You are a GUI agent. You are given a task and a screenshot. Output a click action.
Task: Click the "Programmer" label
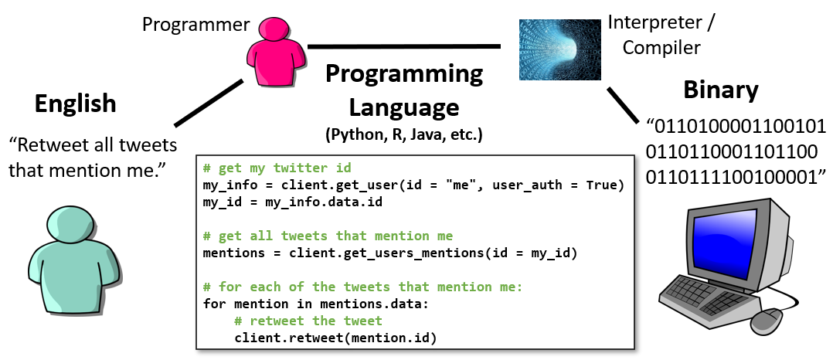[x=196, y=25]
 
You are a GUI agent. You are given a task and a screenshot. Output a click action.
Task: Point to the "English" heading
[x=76, y=104]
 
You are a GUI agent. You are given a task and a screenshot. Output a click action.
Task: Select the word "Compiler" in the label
[x=661, y=48]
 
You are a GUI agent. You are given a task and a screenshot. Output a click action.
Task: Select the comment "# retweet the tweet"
[x=308, y=321]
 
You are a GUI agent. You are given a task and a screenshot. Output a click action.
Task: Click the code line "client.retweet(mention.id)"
[x=335, y=338]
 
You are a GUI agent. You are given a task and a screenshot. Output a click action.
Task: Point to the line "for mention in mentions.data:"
[x=315, y=304]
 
